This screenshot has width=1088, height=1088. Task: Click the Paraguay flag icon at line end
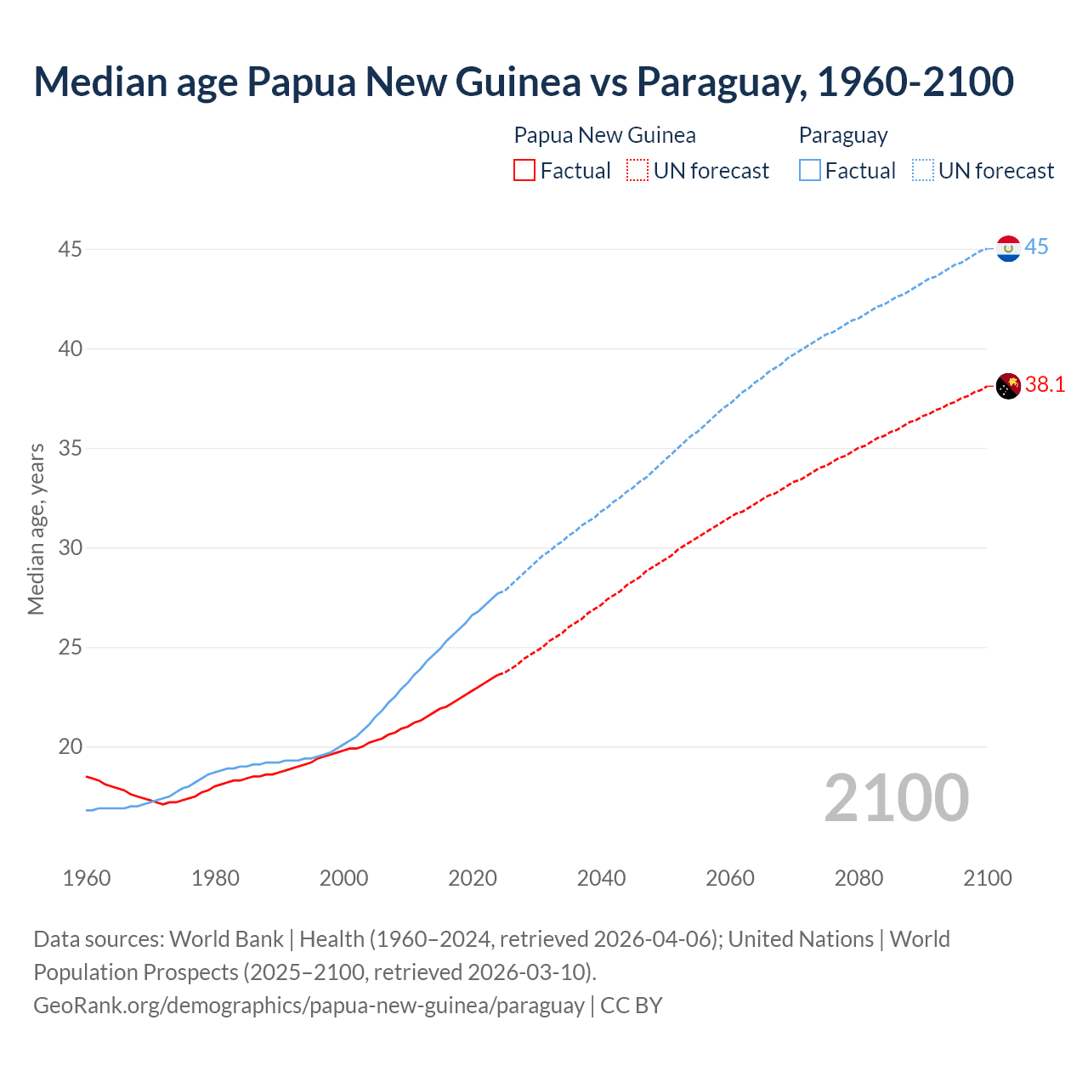[1008, 248]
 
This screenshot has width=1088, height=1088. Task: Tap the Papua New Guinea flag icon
[1008, 386]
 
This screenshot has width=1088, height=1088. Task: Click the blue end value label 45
[1036, 247]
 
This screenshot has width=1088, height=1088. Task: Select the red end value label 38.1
[1045, 385]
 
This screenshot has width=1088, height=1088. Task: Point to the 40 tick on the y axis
[71, 348]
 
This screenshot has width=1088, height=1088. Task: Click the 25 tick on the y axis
[71, 648]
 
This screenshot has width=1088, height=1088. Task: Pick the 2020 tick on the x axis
[473, 878]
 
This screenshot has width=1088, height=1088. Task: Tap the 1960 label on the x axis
[87, 878]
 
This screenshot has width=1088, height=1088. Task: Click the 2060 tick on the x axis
[730, 878]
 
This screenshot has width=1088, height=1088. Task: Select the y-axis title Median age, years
[36, 529]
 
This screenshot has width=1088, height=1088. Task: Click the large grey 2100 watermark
[896, 798]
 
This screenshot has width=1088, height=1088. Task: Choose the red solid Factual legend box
[524, 171]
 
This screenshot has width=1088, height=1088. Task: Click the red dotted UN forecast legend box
[637, 171]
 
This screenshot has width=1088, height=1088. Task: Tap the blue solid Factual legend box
[810, 171]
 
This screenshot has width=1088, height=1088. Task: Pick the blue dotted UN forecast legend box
[923, 171]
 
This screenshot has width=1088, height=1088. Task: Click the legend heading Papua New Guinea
[604, 135]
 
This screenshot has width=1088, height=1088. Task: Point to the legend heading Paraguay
[843, 135]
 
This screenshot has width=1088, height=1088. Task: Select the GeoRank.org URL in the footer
[309, 1006]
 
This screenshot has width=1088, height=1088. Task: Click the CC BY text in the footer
[631, 1006]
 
